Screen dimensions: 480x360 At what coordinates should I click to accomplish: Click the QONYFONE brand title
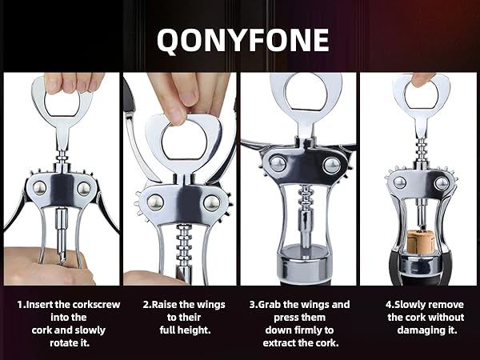pos(242,41)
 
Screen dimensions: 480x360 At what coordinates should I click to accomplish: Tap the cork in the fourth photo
pos(421,242)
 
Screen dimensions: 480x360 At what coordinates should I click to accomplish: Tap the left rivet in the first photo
pos(39,188)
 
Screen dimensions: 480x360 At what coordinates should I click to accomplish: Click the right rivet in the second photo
pos(211,202)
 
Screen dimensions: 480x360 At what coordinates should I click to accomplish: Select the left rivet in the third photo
pos(278,164)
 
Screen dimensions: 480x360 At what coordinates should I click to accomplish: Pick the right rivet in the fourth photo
pos(442,183)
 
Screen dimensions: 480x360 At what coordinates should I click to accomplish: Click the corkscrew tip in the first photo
pos(62,260)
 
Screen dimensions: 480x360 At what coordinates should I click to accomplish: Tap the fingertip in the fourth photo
pos(421,80)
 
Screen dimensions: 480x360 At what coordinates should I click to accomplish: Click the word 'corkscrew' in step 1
pos(96,305)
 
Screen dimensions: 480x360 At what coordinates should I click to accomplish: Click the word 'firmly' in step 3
pos(306,330)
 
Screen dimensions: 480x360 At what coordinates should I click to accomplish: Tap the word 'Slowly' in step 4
pos(410,305)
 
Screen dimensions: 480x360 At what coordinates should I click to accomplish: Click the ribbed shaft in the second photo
pos(184,245)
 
